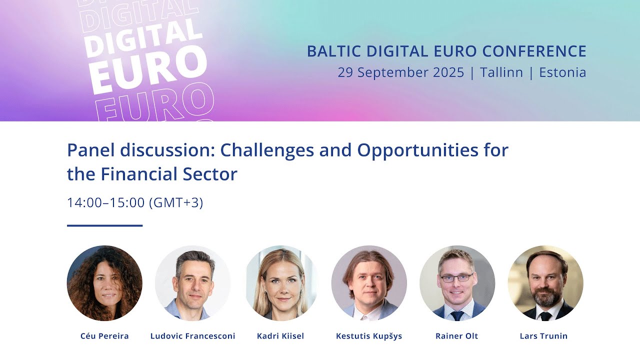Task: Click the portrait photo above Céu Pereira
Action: (x=104, y=283)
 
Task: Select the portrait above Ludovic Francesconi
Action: (x=193, y=283)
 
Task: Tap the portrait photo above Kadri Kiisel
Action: (x=281, y=283)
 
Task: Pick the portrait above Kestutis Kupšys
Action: (x=369, y=283)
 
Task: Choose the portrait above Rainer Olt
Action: (x=457, y=283)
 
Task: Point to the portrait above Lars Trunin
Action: (x=545, y=283)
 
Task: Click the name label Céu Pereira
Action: (x=104, y=336)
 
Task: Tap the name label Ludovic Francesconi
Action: (x=193, y=336)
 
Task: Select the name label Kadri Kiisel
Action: (x=281, y=336)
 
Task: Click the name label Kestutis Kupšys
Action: (x=369, y=336)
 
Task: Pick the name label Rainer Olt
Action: (x=457, y=336)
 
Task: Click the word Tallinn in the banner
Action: (x=501, y=72)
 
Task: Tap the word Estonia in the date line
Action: (x=562, y=72)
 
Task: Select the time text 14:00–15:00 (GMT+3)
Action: (x=135, y=202)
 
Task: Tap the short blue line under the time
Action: (x=104, y=225)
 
